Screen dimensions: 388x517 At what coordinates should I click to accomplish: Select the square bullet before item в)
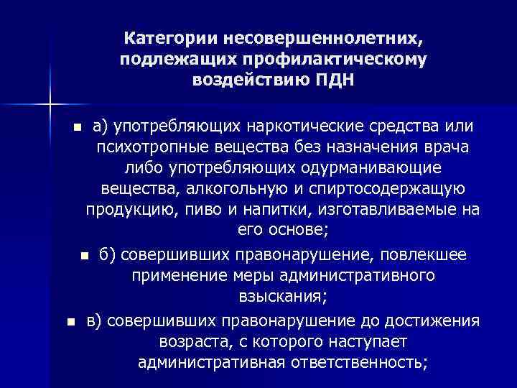pyautogui.click(x=70, y=321)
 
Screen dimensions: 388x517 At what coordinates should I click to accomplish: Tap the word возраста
pyautogui.click(x=187, y=341)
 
